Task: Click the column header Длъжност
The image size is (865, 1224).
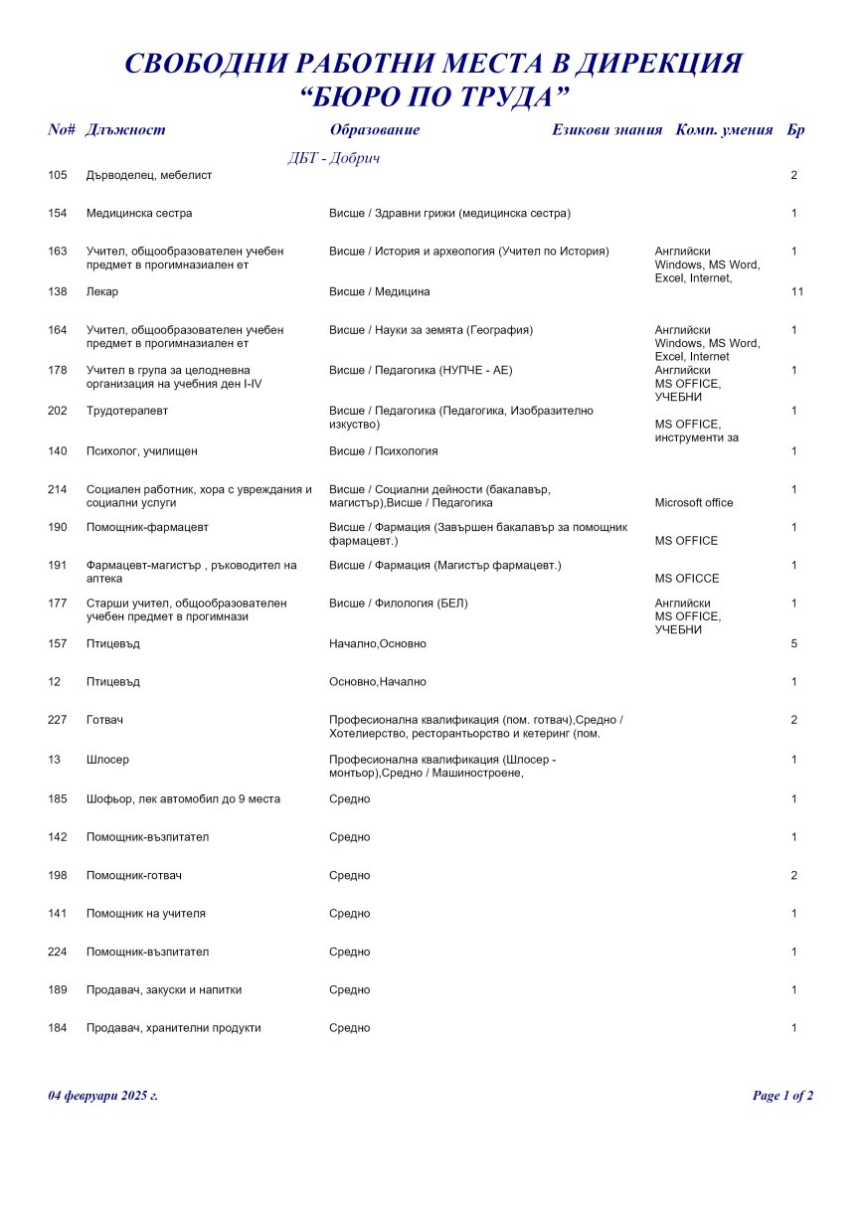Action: [125, 130]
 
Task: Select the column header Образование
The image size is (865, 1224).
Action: [374, 130]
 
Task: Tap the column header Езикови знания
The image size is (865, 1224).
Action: [606, 130]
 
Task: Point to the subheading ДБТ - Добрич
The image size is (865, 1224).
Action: [334, 158]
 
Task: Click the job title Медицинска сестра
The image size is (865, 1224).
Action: [139, 214]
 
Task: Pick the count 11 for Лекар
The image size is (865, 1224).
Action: [797, 292]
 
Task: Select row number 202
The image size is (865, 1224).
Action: [58, 411]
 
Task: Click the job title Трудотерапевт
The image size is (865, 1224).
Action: [126, 411]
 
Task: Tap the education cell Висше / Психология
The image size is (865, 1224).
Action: [383, 451]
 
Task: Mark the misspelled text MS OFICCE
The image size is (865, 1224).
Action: [687, 579]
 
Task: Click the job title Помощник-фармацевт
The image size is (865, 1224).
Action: [147, 527]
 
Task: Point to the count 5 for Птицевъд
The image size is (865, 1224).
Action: [794, 644]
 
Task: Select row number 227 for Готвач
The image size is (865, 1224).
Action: [58, 720]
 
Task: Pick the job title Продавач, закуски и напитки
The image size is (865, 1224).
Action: [164, 990]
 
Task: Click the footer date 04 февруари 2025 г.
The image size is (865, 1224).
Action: [103, 1096]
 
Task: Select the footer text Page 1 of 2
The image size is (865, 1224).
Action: [782, 1096]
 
